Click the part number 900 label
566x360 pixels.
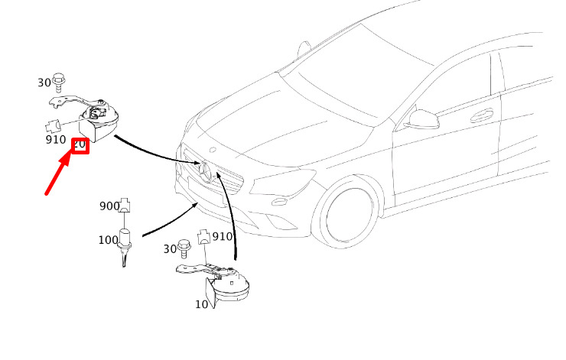pyautogui.click(x=109, y=206)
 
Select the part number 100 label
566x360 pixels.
pyautogui.click(x=109, y=240)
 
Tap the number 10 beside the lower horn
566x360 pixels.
pyautogui.click(x=201, y=304)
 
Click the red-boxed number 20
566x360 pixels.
pyautogui.click(x=80, y=145)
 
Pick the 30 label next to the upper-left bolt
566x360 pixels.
pyautogui.click(x=44, y=83)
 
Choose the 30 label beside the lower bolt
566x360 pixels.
pyautogui.click(x=170, y=249)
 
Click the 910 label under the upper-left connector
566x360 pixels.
pyautogui.click(x=56, y=139)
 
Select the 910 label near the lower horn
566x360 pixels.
pyautogui.click(x=223, y=237)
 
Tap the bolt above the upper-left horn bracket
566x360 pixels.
pyautogui.click(x=58, y=83)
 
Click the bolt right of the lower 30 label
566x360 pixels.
pyautogui.click(x=184, y=248)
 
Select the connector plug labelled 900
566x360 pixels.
pyautogui.click(x=125, y=205)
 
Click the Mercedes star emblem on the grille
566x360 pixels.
pyautogui.click(x=206, y=171)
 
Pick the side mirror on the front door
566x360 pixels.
pyautogui.click(x=421, y=119)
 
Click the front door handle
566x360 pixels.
pyautogui.click(x=482, y=116)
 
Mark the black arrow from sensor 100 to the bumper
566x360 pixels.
pyautogui.click(x=170, y=219)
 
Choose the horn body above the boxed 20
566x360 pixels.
pyautogui.click(x=99, y=122)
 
